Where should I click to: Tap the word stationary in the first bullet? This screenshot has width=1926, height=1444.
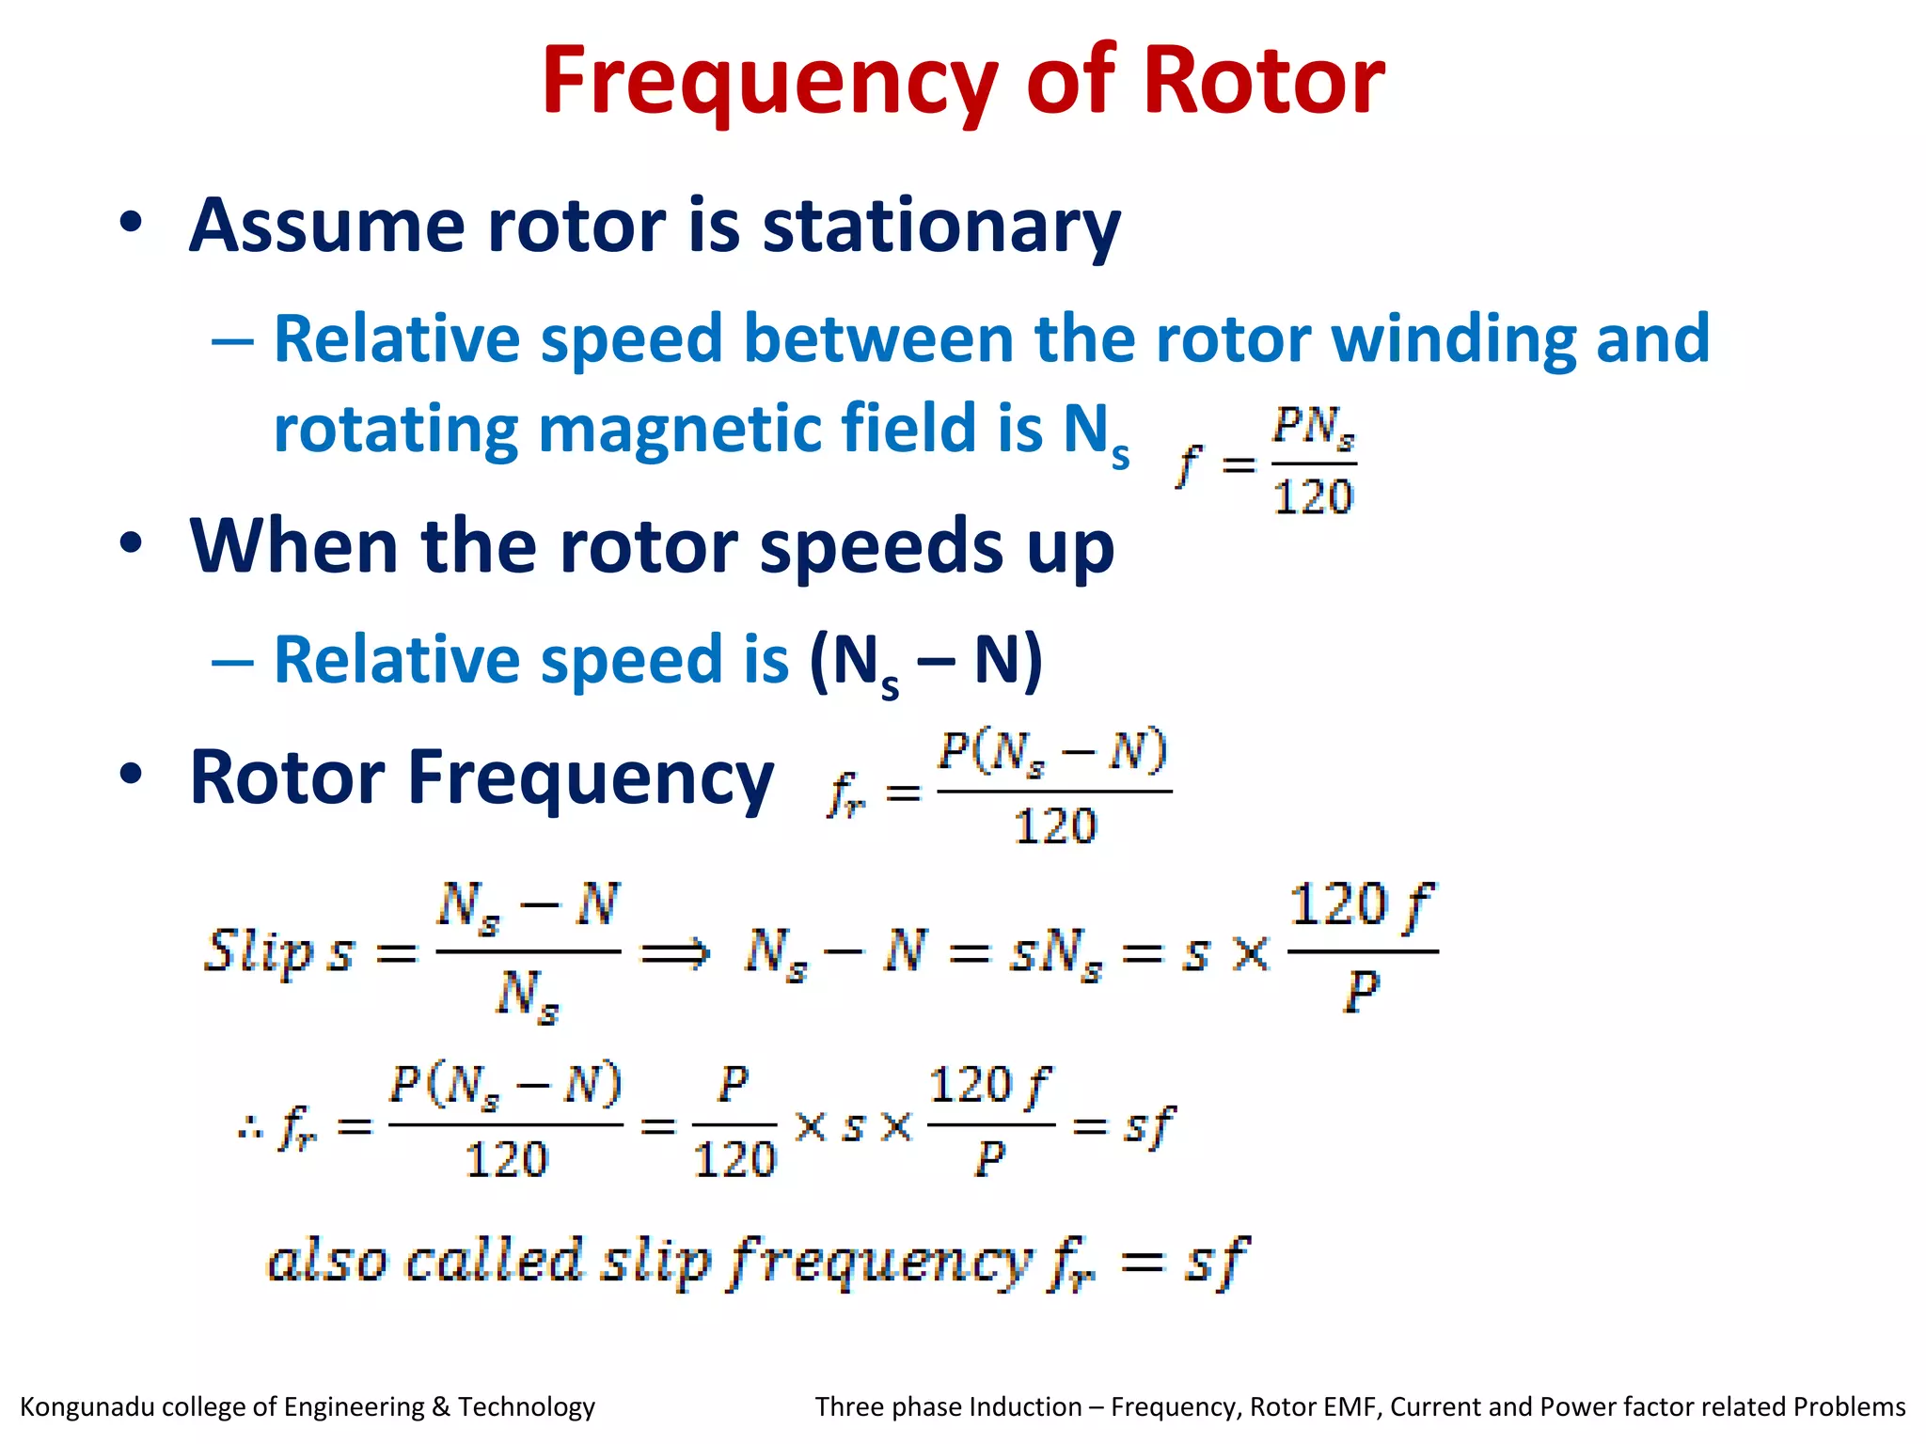(941, 228)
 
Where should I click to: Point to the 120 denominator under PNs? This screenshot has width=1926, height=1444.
(1313, 496)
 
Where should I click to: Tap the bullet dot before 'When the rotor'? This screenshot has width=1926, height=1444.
(131, 542)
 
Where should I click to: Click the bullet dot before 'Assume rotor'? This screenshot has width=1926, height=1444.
(131, 223)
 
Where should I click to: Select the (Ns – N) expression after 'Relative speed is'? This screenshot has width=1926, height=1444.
(926, 662)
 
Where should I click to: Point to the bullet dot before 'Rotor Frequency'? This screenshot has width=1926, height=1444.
(131, 774)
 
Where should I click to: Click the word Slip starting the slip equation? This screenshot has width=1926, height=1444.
(258, 950)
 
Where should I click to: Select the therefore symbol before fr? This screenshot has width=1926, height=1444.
(250, 1127)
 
